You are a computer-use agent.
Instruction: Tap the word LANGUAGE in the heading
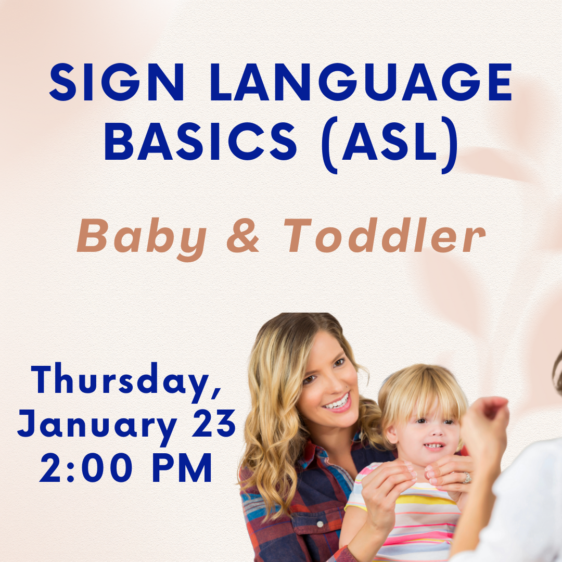(x=361, y=82)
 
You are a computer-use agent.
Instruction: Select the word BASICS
(x=200, y=141)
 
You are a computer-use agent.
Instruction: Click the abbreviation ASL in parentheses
(x=390, y=141)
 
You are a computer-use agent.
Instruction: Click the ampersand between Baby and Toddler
(x=242, y=235)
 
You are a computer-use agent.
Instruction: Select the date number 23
(x=214, y=423)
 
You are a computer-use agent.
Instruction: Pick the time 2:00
(x=86, y=467)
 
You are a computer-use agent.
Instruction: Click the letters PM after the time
(x=183, y=467)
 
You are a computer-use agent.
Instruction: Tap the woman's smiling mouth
(x=337, y=403)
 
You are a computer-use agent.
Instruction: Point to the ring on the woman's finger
(x=466, y=477)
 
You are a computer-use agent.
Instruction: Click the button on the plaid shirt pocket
(x=321, y=524)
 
